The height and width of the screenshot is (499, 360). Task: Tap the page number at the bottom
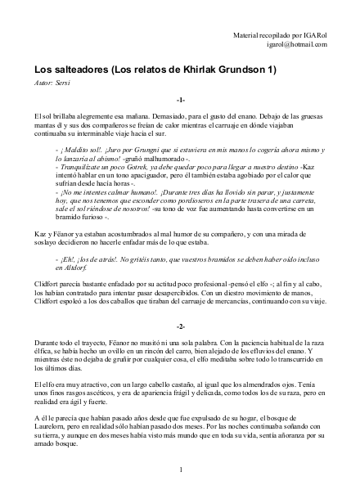coord(179,470)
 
